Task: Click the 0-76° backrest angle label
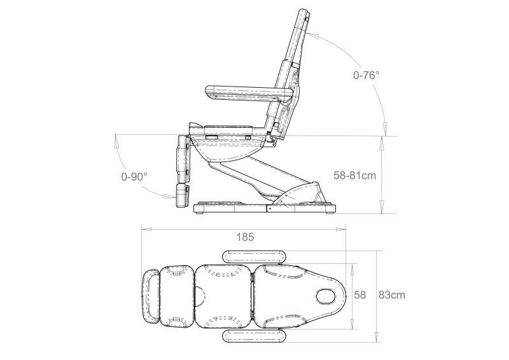click(366, 75)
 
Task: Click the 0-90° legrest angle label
click(134, 177)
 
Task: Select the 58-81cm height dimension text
click(355, 176)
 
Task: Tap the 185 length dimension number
click(245, 237)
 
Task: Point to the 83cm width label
click(392, 295)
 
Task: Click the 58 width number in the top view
click(359, 295)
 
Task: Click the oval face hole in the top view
click(327, 296)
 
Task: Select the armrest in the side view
click(250, 92)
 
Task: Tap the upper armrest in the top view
click(253, 257)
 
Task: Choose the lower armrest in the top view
click(253, 335)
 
